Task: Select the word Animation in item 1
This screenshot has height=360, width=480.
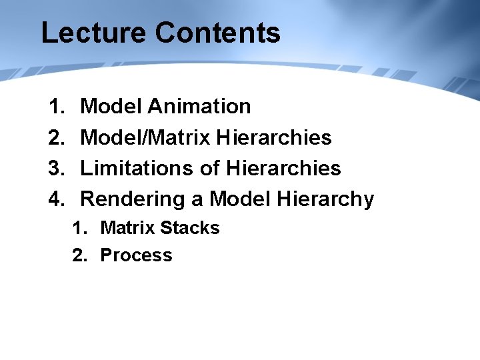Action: point(199,106)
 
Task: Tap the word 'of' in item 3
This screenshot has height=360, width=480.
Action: point(210,168)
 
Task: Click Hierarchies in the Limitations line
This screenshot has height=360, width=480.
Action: point(283,168)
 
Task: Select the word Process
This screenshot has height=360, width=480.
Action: point(136,255)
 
